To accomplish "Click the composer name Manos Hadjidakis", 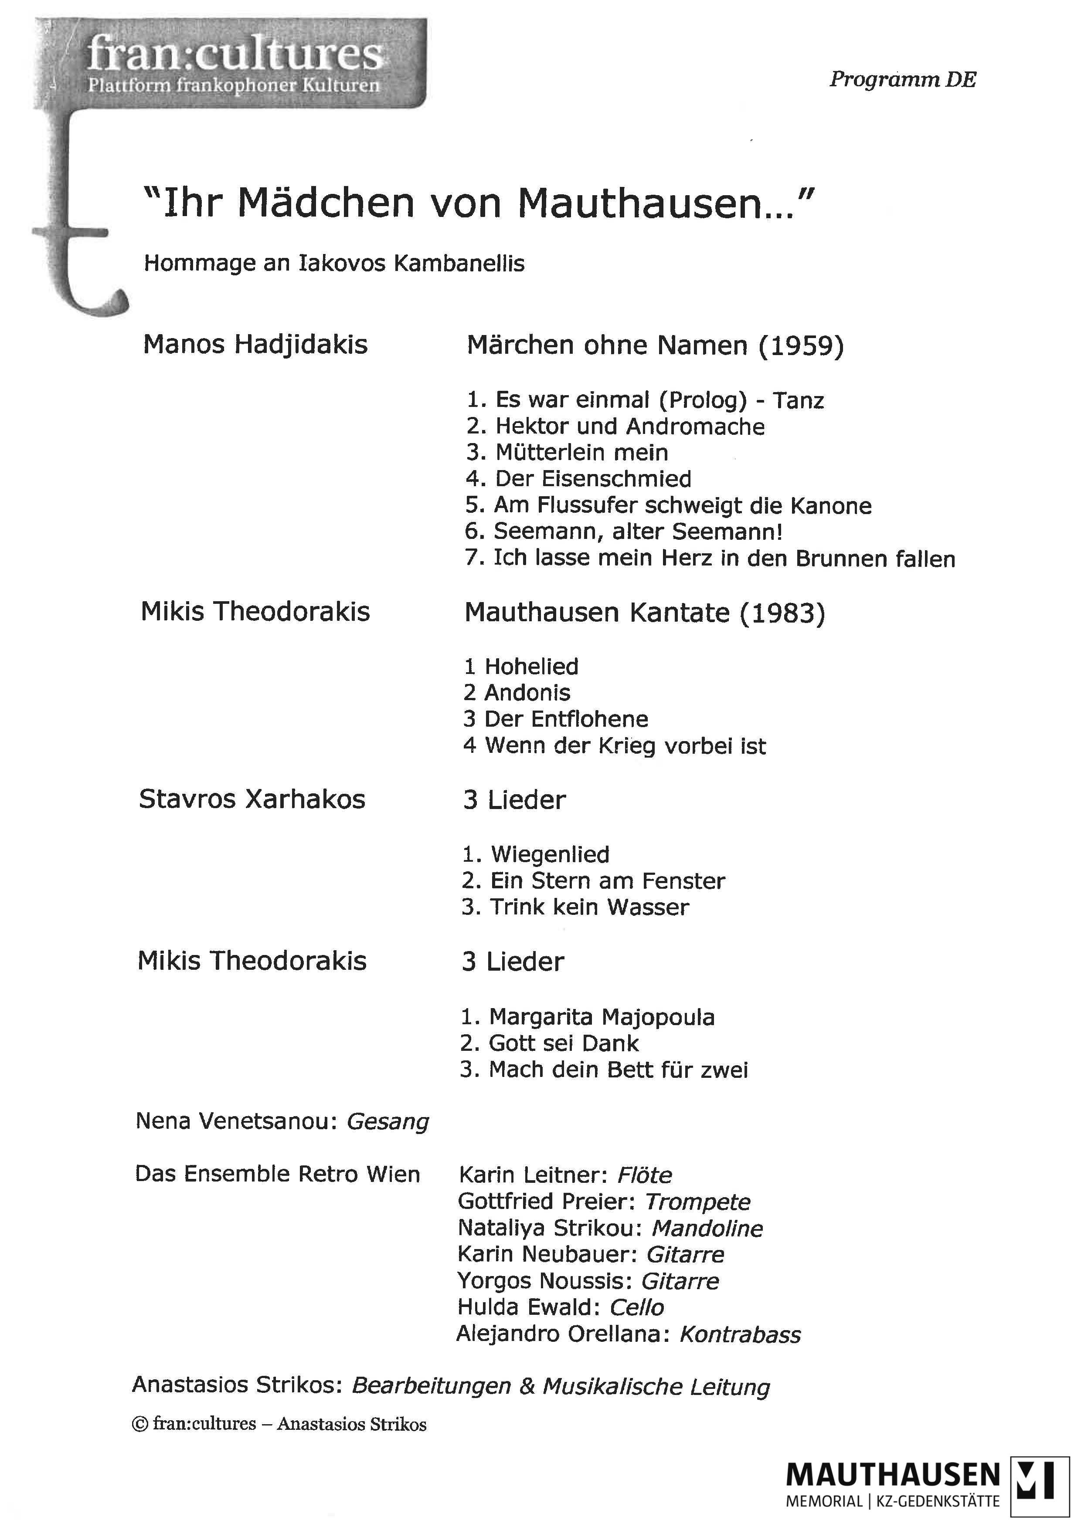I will click(255, 345).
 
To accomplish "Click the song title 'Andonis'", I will click(527, 693).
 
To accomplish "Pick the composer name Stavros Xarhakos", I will click(252, 799).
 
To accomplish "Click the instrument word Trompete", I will click(697, 1202).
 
